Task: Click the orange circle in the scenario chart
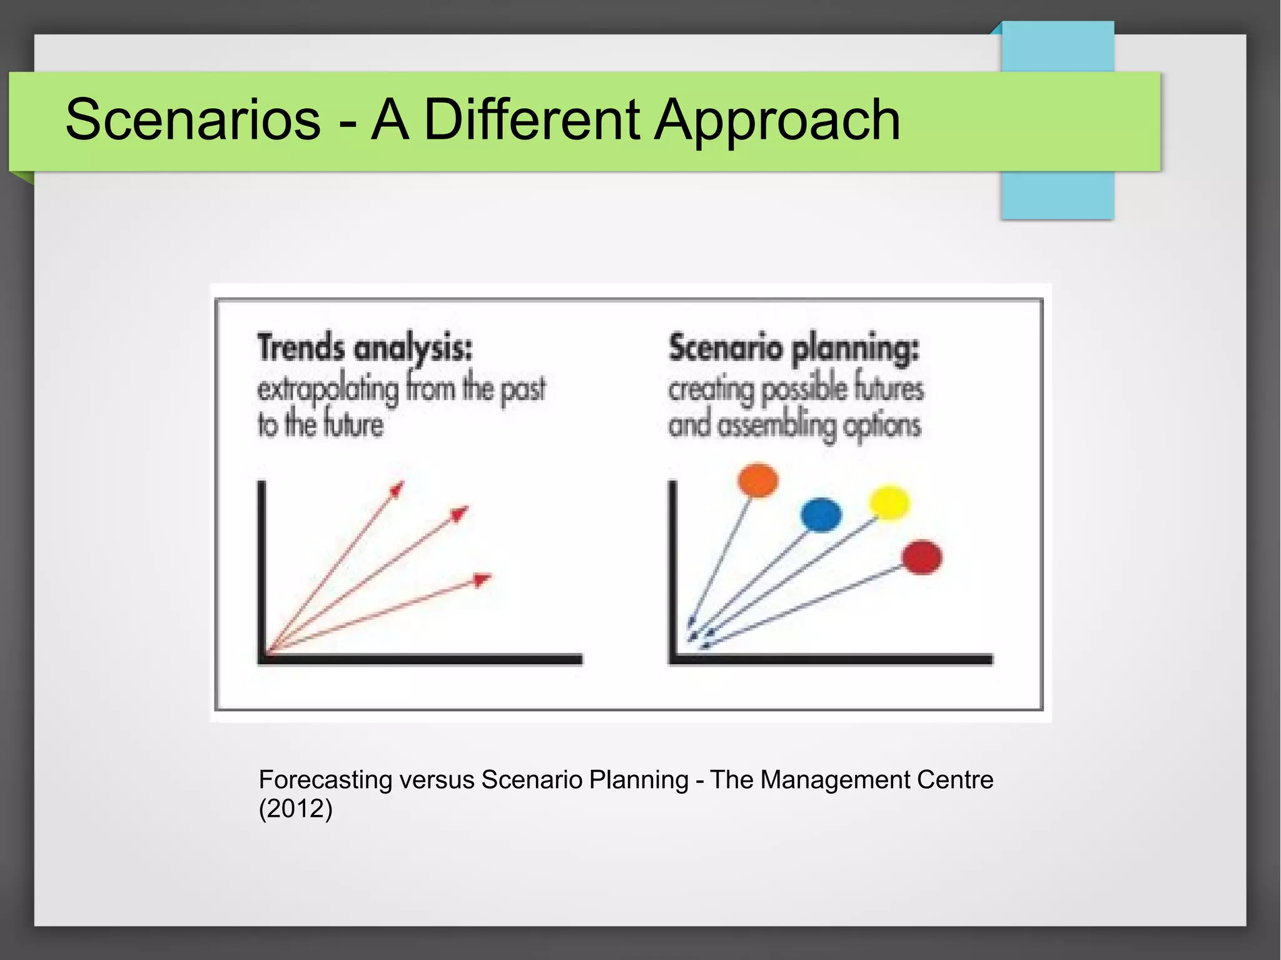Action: click(x=757, y=480)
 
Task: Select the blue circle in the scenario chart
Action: click(x=821, y=515)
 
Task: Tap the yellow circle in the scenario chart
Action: click(x=889, y=502)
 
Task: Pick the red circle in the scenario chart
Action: click(x=922, y=557)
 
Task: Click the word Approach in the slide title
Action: click(x=777, y=120)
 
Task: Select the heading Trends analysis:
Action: click(x=365, y=348)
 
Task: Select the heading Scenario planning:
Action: click(x=794, y=348)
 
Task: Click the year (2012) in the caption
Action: click(x=295, y=809)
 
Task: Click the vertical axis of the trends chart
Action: click(x=261, y=569)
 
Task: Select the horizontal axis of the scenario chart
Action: click(x=832, y=659)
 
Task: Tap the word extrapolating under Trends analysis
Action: click(x=328, y=390)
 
